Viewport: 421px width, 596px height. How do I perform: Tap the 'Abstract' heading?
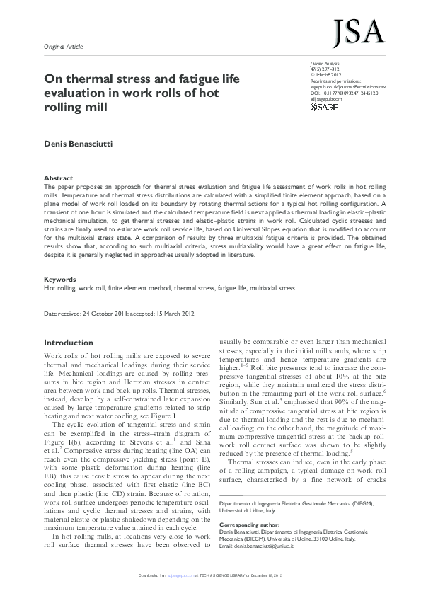pyautogui.click(x=58, y=178)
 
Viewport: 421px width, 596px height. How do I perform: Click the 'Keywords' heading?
pyautogui.click(x=60, y=280)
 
